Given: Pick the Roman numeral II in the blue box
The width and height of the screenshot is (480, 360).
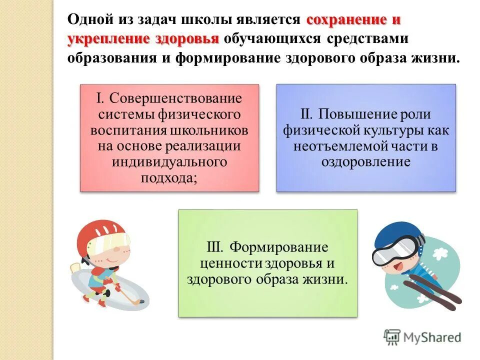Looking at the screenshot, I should [x=306, y=114].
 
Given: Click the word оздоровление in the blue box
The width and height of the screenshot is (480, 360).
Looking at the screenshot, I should [x=366, y=162].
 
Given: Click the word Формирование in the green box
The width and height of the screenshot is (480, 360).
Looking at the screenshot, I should [x=278, y=247].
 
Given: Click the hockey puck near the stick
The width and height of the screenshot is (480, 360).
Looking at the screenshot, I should [x=142, y=301].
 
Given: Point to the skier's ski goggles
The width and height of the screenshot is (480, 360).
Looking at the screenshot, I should [x=394, y=249].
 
